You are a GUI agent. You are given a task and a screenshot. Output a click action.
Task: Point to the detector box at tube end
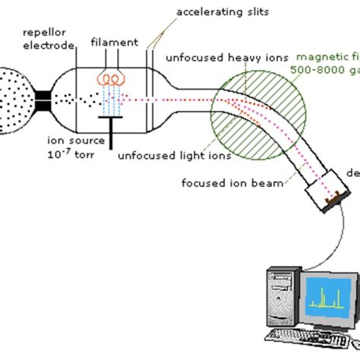[x=331, y=186]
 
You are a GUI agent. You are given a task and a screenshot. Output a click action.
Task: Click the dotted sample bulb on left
[x=14, y=99]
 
